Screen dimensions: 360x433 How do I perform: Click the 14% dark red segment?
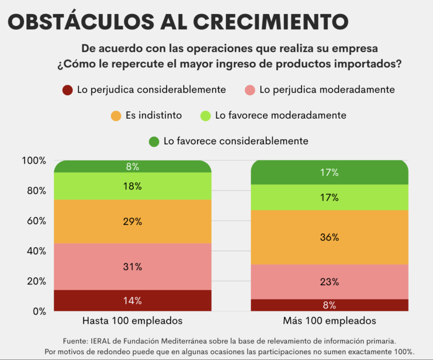[132, 301]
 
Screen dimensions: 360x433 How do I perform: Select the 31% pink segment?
[132, 267]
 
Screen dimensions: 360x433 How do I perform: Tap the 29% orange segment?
[132, 221]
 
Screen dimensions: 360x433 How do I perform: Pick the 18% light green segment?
[132, 186]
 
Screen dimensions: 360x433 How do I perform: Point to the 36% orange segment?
[329, 237]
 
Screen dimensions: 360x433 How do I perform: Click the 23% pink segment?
[329, 282]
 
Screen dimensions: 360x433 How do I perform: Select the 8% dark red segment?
[329, 305]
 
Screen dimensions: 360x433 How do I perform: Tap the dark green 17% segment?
[329, 172]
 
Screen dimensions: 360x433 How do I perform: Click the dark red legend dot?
[68, 90]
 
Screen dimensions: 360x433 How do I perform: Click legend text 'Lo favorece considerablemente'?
[236, 141]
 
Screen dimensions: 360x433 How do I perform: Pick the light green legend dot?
[206, 115]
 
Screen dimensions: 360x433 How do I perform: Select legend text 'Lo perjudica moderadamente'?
[327, 90]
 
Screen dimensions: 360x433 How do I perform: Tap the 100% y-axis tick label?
[33, 161]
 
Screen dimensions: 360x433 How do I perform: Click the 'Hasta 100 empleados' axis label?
[132, 321]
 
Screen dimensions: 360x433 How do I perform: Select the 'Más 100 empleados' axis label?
[329, 321]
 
